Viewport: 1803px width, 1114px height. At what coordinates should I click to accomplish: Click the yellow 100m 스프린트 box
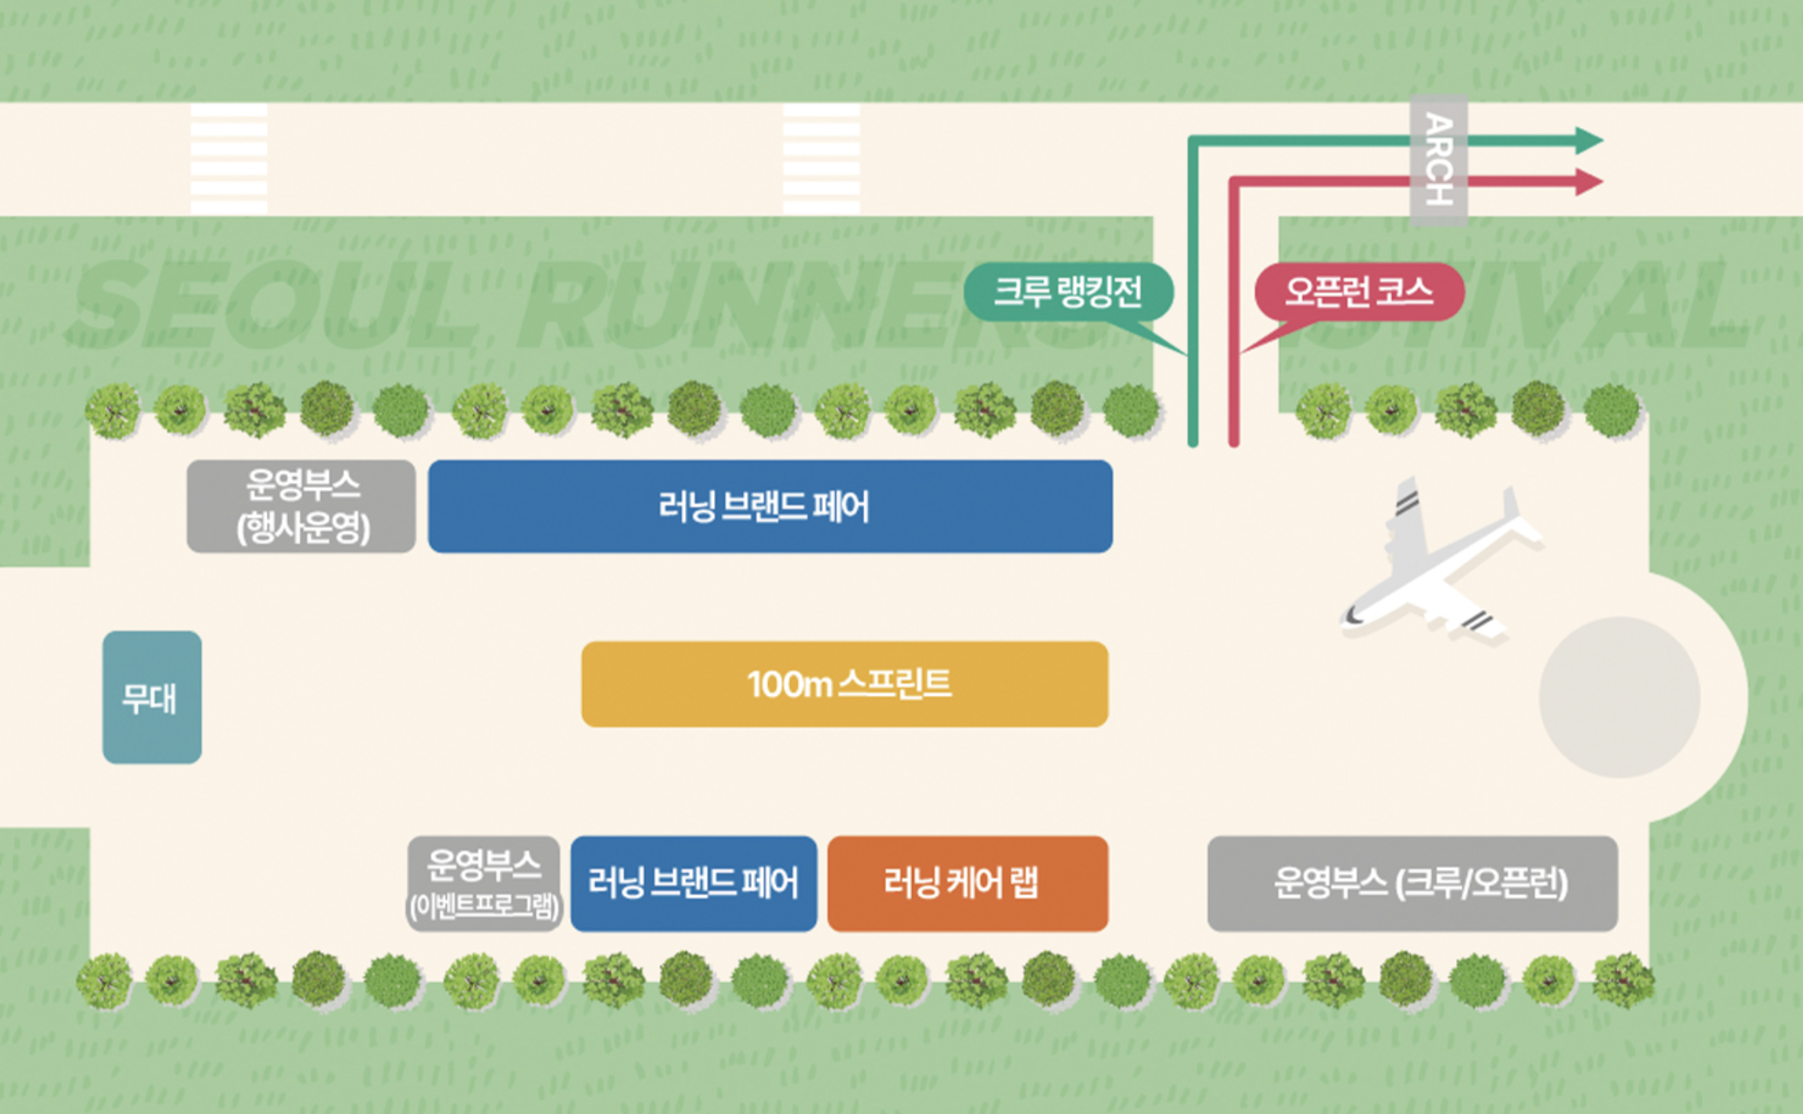tap(844, 683)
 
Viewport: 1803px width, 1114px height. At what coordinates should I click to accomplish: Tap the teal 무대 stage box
tap(152, 696)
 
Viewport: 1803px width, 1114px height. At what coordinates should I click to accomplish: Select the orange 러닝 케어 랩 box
tap(967, 883)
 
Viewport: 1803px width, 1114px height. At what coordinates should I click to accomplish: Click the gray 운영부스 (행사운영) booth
tap(301, 506)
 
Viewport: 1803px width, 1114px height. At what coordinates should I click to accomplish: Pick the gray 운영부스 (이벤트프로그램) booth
tap(484, 883)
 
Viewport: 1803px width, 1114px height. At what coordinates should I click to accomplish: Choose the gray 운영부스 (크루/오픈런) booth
tap(1412, 883)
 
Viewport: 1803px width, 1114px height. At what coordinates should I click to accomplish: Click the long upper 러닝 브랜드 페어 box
tap(770, 506)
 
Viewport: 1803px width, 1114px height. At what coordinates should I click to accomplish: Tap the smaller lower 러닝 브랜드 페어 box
tap(693, 883)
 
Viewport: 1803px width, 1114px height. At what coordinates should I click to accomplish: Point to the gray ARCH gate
tap(1438, 160)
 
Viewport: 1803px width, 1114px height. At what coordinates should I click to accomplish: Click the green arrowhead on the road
tap(1590, 140)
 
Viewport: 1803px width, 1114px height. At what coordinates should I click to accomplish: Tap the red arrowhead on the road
tap(1590, 182)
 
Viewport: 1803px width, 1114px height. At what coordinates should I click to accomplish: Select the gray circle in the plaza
tap(1619, 696)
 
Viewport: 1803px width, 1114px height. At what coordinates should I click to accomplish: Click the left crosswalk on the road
tap(229, 158)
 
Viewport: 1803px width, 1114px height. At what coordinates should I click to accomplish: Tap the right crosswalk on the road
tap(821, 158)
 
